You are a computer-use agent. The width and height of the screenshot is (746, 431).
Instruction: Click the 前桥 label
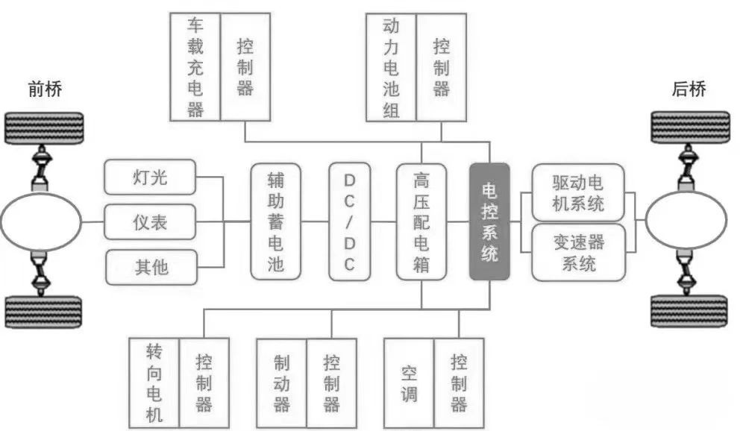(45, 90)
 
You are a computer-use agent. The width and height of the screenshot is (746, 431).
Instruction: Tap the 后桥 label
(689, 90)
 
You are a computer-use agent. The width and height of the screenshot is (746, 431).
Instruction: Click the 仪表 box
(151, 222)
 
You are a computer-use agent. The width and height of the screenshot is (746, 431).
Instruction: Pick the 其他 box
(151, 266)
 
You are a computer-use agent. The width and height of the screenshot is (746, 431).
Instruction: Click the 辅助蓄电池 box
(276, 221)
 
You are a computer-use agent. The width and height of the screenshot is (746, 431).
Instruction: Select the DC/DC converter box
(350, 221)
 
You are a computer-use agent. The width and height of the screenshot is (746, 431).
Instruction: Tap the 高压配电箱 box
(421, 221)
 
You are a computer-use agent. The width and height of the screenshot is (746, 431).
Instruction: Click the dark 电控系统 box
(489, 221)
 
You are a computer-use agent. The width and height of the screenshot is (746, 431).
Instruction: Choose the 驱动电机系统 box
(578, 192)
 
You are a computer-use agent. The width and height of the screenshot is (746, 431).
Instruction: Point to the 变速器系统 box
(578, 252)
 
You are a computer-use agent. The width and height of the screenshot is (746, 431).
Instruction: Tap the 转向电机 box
(154, 383)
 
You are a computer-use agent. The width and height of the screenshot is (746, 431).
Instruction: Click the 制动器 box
(281, 383)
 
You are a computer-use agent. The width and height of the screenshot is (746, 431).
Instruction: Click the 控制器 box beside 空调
(459, 383)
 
